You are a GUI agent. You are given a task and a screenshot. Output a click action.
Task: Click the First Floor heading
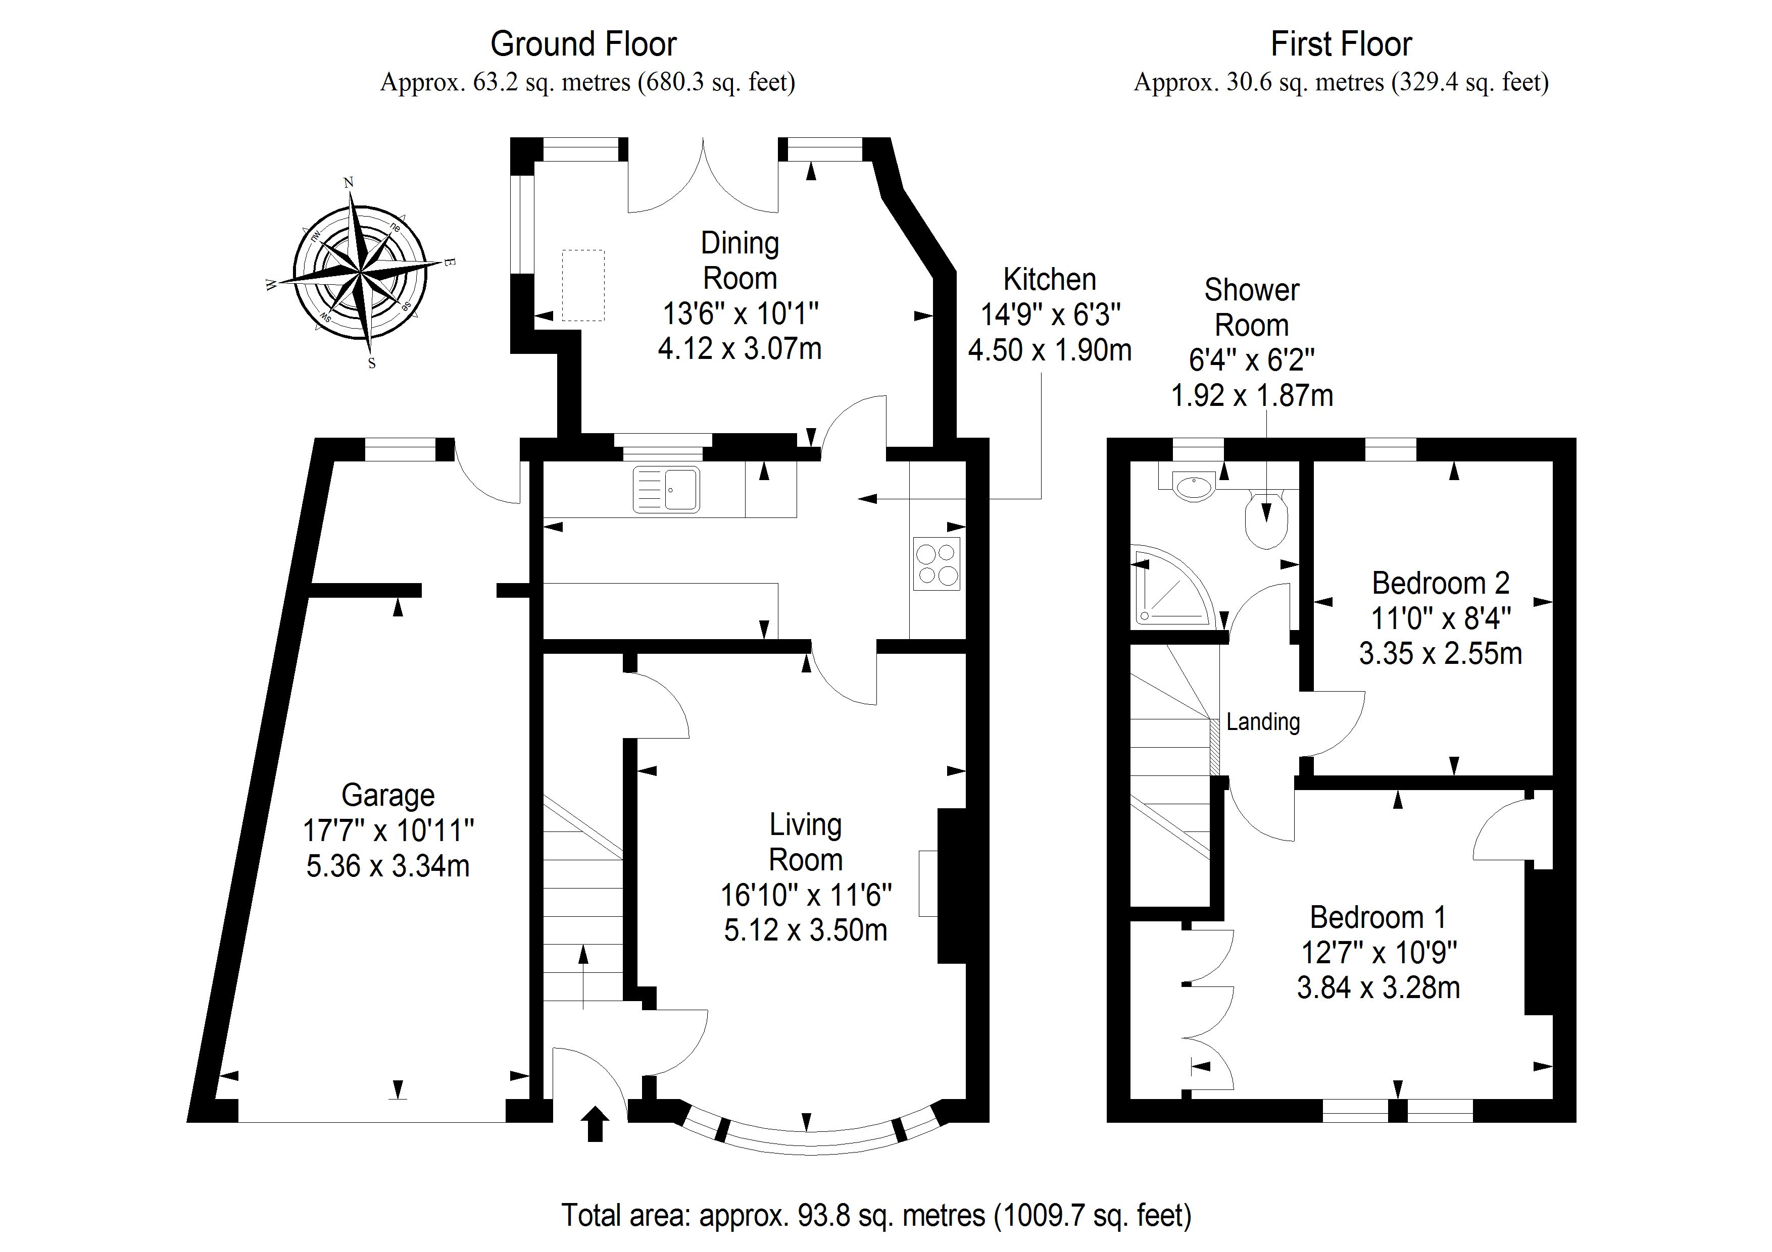click(x=1341, y=45)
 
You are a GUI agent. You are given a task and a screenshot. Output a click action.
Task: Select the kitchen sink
click(x=666, y=489)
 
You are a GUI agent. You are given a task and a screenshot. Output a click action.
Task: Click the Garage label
click(x=388, y=795)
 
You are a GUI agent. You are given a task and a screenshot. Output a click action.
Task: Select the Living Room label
click(x=805, y=843)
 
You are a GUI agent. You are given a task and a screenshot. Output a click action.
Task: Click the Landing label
click(x=1263, y=722)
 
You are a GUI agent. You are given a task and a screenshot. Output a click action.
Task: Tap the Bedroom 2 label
click(x=1440, y=583)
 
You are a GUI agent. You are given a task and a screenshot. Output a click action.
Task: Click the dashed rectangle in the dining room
click(x=583, y=285)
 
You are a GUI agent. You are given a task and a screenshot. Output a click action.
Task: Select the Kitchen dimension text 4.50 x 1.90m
click(x=1050, y=350)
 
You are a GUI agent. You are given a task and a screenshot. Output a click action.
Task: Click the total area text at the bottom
click(x=876, y=1215)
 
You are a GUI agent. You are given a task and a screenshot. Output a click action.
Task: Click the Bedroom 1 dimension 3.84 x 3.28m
click(x=1379, y=988)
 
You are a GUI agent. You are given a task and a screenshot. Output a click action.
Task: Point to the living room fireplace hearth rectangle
click(x=928, y=883)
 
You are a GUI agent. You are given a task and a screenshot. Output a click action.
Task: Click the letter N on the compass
click(x=348, y=183)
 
